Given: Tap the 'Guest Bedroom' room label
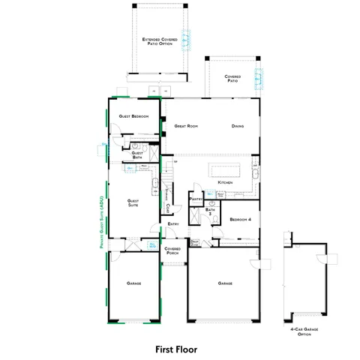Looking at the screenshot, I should pos(133,116).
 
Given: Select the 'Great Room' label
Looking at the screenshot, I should pos(185,126).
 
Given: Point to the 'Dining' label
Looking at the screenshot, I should pos(238,126).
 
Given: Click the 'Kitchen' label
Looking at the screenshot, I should pos(225,183).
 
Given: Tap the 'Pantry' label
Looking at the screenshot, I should pos(196,200).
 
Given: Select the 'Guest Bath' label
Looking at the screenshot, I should pos(138,155).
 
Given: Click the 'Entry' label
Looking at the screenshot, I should pos(172,223).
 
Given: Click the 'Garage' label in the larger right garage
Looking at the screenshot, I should pos(225,283).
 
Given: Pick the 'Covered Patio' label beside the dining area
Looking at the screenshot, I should pos(232,78).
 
